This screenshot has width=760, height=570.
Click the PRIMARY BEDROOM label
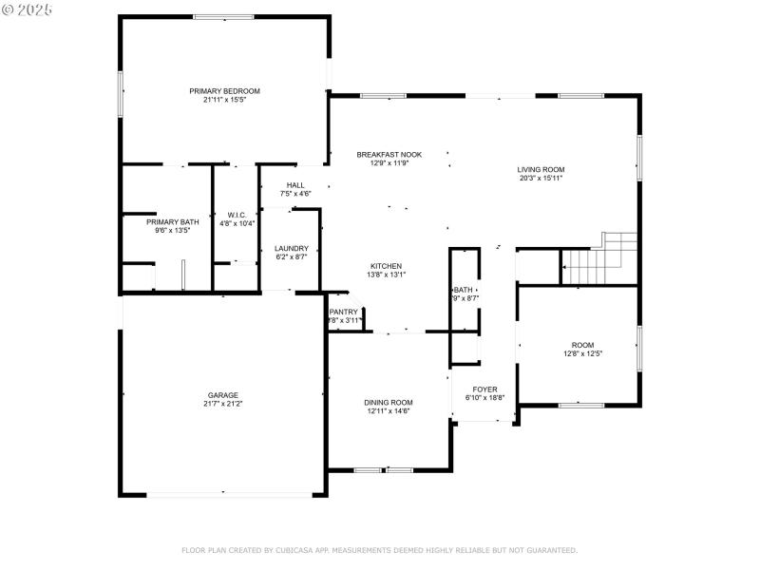click(224, 91)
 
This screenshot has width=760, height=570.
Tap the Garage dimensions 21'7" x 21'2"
click(223, 404)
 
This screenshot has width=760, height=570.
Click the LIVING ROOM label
click(541, 170)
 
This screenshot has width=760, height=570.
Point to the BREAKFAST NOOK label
click(389, 154)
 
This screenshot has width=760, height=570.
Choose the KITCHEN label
click(386, 266)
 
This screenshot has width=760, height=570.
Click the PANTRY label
click(343, 312)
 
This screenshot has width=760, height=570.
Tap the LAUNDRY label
click(292, 248)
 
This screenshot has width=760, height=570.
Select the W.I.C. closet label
click(237, 215)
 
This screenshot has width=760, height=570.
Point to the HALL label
click(295, 185)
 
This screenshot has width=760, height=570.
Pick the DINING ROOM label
click(389, 402)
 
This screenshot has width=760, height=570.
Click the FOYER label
click(484, 389)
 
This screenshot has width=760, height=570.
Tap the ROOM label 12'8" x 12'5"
click(582, 345)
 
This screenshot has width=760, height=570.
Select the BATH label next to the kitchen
click(464, 290)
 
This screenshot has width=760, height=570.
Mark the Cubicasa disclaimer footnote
click(379, 550)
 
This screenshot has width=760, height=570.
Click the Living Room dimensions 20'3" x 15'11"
click(541, 179)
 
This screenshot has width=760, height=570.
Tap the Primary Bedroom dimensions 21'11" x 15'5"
click(224, 100)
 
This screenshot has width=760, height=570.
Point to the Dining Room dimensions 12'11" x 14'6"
click(389, 410)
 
